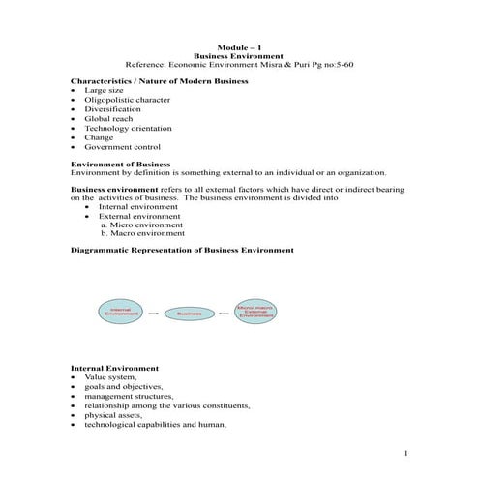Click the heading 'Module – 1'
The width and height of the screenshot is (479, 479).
(x=239, y=46)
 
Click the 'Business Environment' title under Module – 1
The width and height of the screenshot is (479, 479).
(x=239, y=55)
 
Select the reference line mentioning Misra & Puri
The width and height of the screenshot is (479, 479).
(x=239, y=64)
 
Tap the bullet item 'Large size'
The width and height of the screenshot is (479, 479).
(x=104, y=90)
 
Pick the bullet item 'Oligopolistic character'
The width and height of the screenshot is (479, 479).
(x=122, y=100)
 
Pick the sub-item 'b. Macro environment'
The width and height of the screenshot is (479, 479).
(x=142, y=233)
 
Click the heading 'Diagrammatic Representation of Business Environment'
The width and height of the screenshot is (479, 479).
(x=183, y=250)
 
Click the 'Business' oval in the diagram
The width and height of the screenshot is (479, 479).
(x=190, y=314)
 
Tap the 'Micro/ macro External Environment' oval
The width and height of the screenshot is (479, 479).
(x=255, y=311)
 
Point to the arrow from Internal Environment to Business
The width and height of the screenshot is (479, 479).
(x=155, y=314)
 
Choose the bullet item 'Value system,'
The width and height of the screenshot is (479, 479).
(x=110, y=376)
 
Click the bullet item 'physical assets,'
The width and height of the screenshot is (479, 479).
(x=113, y=414)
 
